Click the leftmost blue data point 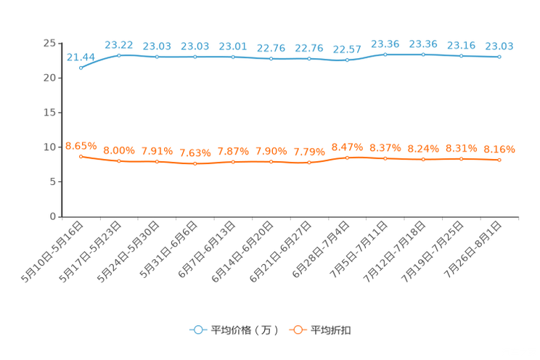[x=81, y=68]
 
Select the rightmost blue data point [x=499, y=57]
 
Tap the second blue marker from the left [x=119, y=55]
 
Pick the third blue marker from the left [x=157, y=57]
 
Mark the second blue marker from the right [x=462, y=56]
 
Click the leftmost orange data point [x=81, y=156]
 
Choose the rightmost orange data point [x=499, y=160]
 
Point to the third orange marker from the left [x=157, y=162]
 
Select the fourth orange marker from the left [x=195, y=164]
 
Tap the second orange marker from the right [x=462, y=158]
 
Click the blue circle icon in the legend [x=197, y=330]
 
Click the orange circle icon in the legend [x=297, y=330]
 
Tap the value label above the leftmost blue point [x=81, y=57]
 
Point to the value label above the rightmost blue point [x=499, y=46]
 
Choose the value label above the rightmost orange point [x=499, y=149]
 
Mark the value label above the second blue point [x=119, y=44]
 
